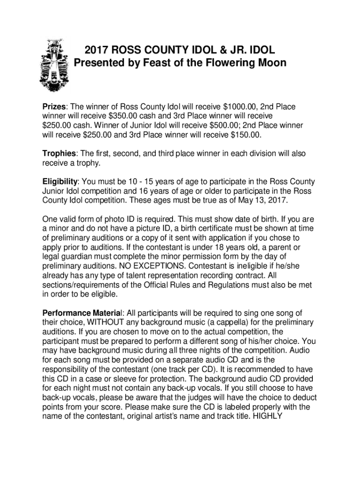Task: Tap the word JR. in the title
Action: pyautogui.click(x=234, y=50)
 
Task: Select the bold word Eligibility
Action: pyautogui.click(x=60, y=181)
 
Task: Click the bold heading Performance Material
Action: pyautogui.click(x=82, y=313)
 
